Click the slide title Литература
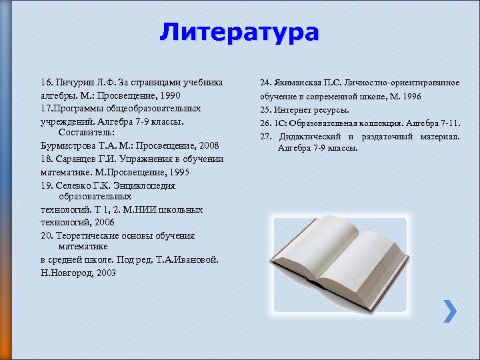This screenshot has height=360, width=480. click(x=239, y=31)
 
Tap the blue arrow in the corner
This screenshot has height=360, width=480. click(x=451, y=311)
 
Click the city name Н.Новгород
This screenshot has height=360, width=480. click(x=66, y=273)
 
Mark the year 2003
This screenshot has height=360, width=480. click(x=105, y=273)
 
